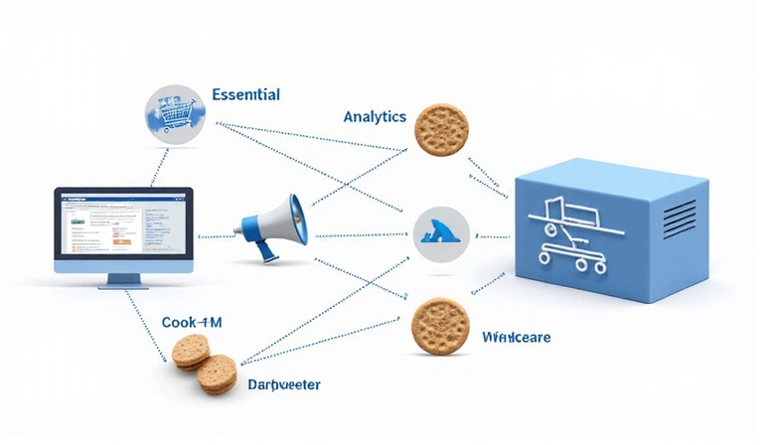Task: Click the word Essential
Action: tap(245, 95)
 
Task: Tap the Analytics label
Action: tap(375, 116)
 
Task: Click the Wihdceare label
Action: tap(516, 338)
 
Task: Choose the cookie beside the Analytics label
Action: tap(441, 129)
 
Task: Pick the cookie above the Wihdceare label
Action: tap(439, 325)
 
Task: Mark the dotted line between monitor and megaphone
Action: tap(216, 236)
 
